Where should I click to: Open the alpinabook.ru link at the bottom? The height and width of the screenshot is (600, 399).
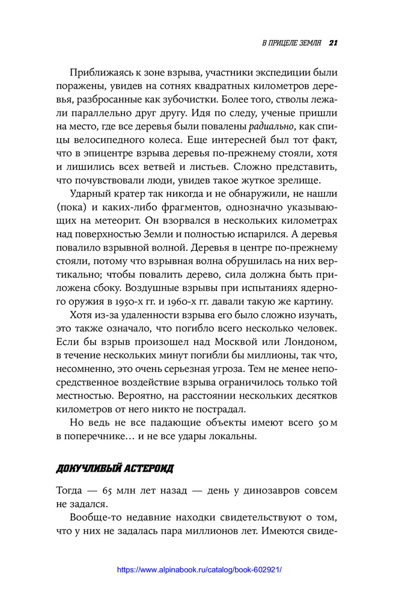pos(199,570)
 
